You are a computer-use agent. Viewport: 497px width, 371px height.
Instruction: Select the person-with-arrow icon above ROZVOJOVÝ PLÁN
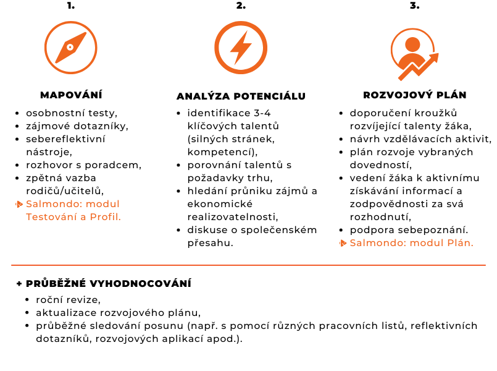414,54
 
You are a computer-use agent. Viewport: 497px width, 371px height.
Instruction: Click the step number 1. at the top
71,6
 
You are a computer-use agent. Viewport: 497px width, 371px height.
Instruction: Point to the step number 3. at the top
414,6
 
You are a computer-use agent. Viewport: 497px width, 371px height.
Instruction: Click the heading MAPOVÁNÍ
71,95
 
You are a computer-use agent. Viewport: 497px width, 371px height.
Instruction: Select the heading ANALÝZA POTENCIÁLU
241,96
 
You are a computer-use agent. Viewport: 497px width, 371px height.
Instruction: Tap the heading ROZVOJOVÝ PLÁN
414,95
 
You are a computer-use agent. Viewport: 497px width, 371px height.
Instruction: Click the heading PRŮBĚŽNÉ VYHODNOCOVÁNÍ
109,283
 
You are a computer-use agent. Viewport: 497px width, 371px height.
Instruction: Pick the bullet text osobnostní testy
71,113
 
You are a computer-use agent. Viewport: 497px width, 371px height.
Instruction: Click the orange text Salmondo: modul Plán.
411,242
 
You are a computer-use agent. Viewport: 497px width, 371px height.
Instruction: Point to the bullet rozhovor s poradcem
83,165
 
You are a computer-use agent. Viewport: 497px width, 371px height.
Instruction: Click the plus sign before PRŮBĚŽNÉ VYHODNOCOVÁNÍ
20,284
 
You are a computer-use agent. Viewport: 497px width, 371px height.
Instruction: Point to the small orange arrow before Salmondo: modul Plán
343,243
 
